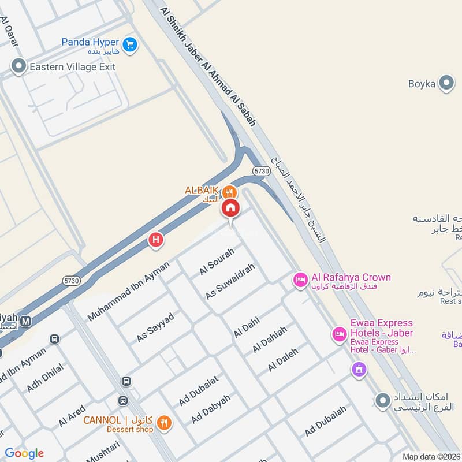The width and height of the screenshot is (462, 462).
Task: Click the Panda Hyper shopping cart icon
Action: [x=130, y=43]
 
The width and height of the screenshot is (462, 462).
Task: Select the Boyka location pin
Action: [x=446, y=84]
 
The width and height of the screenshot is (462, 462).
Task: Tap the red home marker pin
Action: [x=230, y=208]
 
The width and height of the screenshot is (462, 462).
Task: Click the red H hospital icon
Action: [x=155, y=240]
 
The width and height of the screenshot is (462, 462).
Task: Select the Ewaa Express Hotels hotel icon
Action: [x=338, y=334]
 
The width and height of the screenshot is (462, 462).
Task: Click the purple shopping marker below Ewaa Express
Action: [x=359, y=368]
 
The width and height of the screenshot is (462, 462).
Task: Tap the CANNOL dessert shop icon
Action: [x=164, y=423]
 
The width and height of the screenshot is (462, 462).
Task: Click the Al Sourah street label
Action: [x=217, y=262]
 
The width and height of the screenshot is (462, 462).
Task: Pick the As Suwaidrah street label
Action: [x=230, y=281]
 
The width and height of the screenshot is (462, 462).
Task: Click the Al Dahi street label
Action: [x=247, y=327]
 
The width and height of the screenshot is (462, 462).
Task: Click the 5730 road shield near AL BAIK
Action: [x=262, y=171]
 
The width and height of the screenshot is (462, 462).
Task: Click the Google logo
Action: [x=24, y=453]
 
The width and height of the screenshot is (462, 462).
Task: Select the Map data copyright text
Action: [x=430, y=456]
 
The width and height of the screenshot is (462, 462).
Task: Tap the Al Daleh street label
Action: [x=283, y=359]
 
